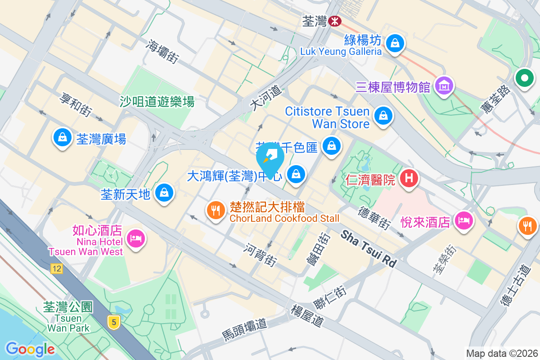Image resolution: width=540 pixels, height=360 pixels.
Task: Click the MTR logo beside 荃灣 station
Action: tap(334, 21)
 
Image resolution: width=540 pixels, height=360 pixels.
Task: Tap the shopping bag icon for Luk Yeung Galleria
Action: tap(394, 43)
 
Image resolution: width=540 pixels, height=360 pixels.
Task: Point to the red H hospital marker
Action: tap(409, 178)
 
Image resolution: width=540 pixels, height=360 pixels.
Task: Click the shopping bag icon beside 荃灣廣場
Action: tap(63, 137)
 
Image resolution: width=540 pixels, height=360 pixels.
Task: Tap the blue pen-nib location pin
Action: tap(270, 158)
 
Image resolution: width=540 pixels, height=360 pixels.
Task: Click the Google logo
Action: tap(30, 349)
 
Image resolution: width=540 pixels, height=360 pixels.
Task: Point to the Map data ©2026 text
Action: tap(501, 354)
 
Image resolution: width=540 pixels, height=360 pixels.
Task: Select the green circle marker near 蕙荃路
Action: tap(524, 79)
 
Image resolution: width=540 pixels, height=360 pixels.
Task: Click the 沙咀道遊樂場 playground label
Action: tap(157, 102)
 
